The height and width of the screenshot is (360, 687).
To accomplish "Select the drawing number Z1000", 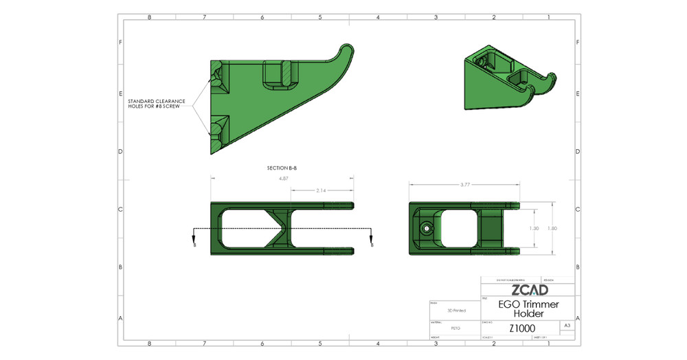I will click(x=522, y=328).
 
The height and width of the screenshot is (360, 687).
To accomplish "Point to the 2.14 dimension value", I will click(x=321, y=190).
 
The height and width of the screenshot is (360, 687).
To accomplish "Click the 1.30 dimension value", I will click(x=534, y=227).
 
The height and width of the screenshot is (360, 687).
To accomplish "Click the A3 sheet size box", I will click(x=566, y=325).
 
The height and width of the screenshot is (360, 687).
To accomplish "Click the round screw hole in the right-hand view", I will click(x=427, y=227).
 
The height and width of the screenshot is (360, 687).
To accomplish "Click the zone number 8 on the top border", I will click(x=149, y=16).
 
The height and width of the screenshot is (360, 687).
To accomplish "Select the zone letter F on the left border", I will click(x=121, y=42).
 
